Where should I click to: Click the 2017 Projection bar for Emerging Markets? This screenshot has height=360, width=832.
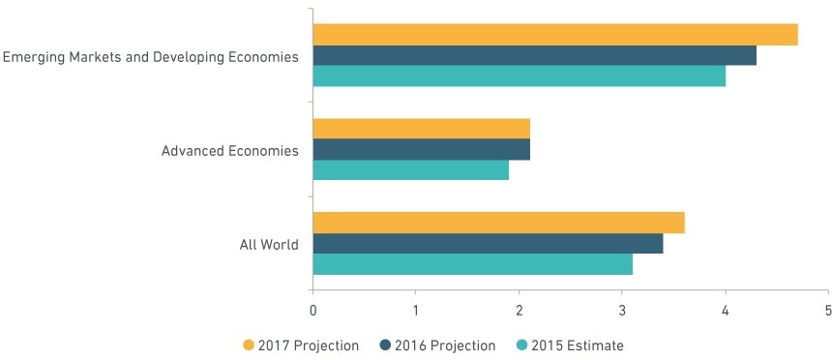click(555, 35)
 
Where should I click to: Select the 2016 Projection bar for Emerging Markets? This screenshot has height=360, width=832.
click(535, 56)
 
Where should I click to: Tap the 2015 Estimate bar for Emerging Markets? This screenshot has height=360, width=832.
click(520, 75)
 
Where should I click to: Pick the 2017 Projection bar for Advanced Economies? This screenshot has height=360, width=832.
click(421, 129)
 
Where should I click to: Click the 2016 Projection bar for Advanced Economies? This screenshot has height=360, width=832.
click(421, 149)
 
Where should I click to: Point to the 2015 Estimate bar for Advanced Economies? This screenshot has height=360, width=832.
click(411, 170)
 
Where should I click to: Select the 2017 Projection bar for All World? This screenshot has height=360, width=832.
click(499, 223)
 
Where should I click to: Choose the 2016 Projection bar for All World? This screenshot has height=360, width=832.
click(489, 243)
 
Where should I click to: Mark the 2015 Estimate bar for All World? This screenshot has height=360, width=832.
click(473, 264)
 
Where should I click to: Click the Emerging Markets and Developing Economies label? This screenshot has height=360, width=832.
click(151, 57)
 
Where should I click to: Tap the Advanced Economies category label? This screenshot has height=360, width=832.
click(230, 151)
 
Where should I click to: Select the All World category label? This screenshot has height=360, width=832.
click(269, 245)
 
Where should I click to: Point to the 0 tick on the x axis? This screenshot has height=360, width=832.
click(313, 311)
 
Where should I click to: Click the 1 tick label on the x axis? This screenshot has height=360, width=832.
click(415, 311)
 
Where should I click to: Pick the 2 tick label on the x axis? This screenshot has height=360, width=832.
click(519, 311)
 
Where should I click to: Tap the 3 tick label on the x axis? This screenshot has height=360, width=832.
click(622, 311)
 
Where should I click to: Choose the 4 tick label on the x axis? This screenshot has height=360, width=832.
click(726, 311)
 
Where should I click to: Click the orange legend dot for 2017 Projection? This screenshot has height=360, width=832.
click(249, 345)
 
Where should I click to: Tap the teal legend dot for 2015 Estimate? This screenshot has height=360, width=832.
click(522, 345)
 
